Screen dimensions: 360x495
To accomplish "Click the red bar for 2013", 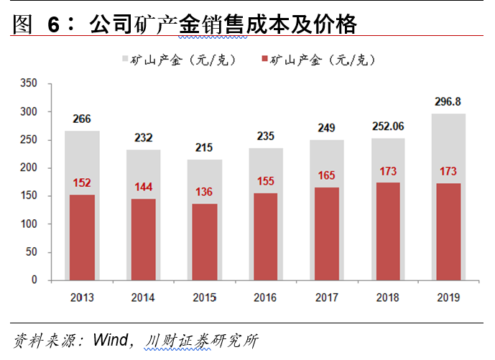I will [82, 237].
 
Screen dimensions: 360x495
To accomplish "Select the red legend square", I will [265, 60].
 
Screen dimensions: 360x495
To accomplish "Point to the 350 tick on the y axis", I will [28, 83].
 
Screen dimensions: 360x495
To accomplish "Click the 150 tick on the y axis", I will [28, 196].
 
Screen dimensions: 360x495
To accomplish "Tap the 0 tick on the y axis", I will [33, 280].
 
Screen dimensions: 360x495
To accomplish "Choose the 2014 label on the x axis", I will [144, 297].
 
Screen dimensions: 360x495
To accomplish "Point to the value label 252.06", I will [389, 126].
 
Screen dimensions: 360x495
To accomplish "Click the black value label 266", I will [82, 119].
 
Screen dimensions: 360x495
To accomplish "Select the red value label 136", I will [205, 193].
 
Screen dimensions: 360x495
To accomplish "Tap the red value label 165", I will [328, 175].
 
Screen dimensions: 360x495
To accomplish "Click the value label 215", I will [205, 148].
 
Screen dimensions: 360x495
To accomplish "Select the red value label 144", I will [144, 187].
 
